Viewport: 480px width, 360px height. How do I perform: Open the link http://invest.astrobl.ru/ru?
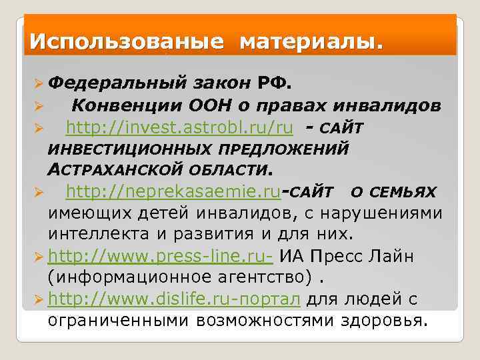(179, 127)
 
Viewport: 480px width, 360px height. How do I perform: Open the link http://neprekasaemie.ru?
(173, 192)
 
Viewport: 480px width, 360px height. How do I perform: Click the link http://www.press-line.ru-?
(161, 256)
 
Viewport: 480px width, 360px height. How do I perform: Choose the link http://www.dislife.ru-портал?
(176, 299)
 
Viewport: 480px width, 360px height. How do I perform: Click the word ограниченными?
(119, 321)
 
